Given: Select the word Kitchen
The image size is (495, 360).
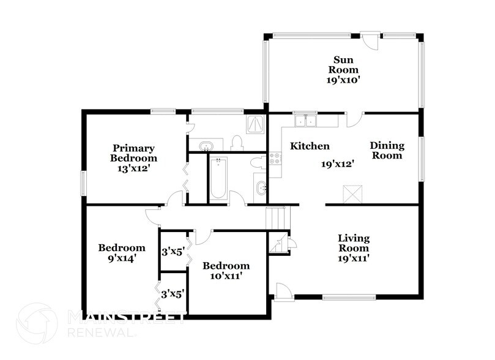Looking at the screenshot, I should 310,146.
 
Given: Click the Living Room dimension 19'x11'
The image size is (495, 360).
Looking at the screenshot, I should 354,258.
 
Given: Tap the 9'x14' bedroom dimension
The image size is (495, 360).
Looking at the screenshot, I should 122,258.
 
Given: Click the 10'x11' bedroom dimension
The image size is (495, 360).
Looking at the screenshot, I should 226,276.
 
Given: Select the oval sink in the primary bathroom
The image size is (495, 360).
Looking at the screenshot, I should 206,146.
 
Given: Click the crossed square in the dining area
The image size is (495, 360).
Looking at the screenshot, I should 352,195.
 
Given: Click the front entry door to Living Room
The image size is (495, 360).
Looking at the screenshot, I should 283,291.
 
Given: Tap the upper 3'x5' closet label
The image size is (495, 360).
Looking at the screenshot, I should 173,251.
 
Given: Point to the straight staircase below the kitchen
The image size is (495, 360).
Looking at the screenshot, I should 276,217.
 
